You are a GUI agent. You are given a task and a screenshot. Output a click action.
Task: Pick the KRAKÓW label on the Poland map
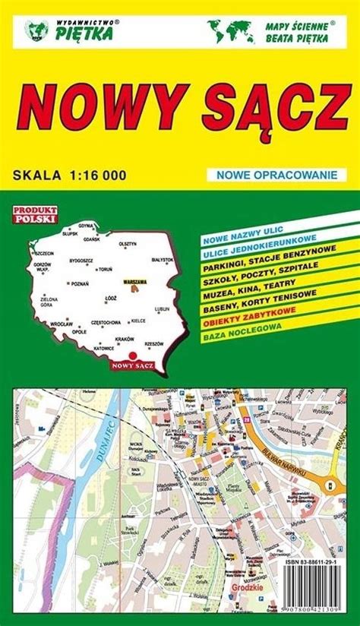(x=125, y=338)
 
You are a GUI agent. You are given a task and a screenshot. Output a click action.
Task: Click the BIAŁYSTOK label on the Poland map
(x=162, y=259)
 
